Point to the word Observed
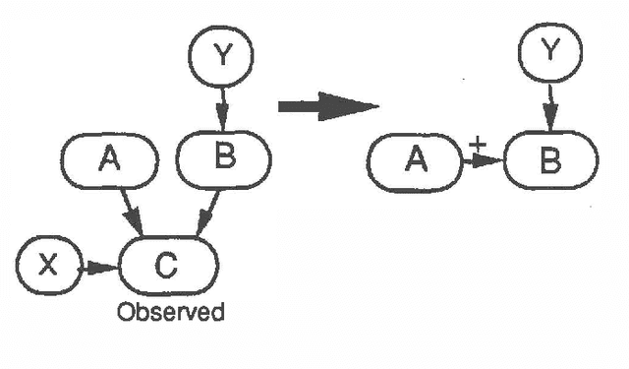coord(170,313)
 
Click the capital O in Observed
coord(126,313)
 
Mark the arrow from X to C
coord(94,266)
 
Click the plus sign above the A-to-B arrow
coord(478,145)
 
